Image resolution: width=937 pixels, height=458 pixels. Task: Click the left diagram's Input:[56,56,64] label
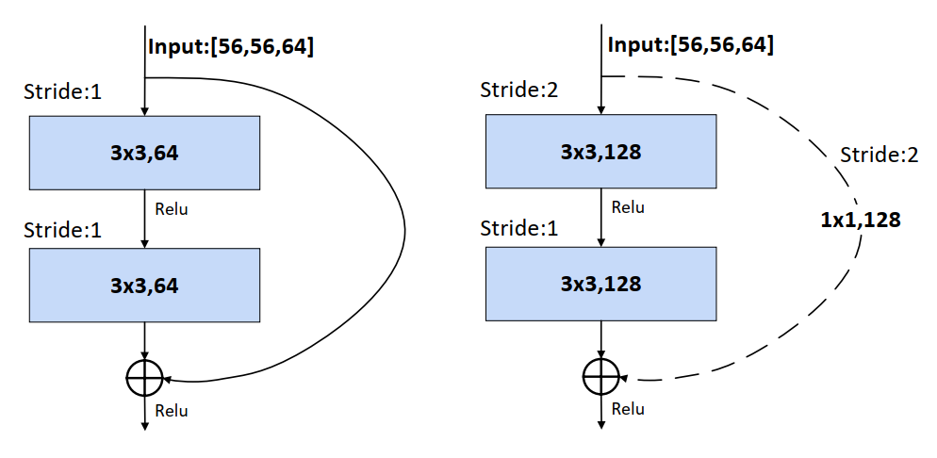point(231,46)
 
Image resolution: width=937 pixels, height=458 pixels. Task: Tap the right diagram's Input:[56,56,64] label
point(691,44)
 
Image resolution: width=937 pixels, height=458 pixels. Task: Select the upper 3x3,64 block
point(144,153)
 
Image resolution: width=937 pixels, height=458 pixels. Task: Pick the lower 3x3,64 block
point(144,285)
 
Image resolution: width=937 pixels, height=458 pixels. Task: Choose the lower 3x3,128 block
point(600,284)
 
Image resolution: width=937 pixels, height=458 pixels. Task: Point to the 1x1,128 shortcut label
point(861,221)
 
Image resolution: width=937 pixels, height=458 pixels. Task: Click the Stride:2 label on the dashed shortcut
point(879,155)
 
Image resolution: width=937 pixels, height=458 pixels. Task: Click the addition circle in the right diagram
point(600,377)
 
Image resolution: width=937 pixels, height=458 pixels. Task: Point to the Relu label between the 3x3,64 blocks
point(173,209)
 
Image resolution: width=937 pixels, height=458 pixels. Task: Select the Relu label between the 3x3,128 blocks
point(629,207)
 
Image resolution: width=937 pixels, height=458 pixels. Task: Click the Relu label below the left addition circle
point(173,411)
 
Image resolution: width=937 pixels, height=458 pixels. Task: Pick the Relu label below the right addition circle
point(629,409)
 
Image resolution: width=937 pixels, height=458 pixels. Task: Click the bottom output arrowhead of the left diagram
point(144,427)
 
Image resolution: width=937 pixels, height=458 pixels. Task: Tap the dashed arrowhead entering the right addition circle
point(624,380)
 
